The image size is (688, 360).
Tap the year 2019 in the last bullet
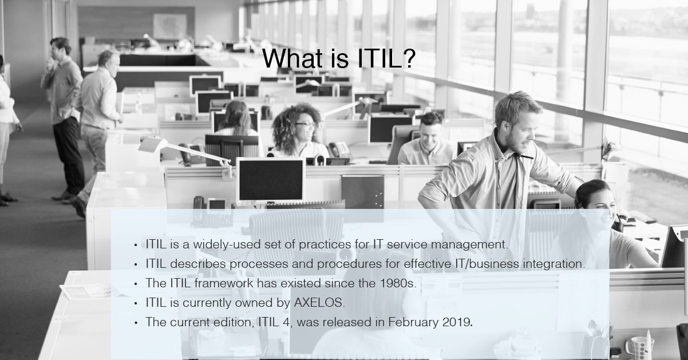457,322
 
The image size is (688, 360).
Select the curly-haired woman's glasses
303,124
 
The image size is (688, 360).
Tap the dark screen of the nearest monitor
271,179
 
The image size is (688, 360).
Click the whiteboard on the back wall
170,26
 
